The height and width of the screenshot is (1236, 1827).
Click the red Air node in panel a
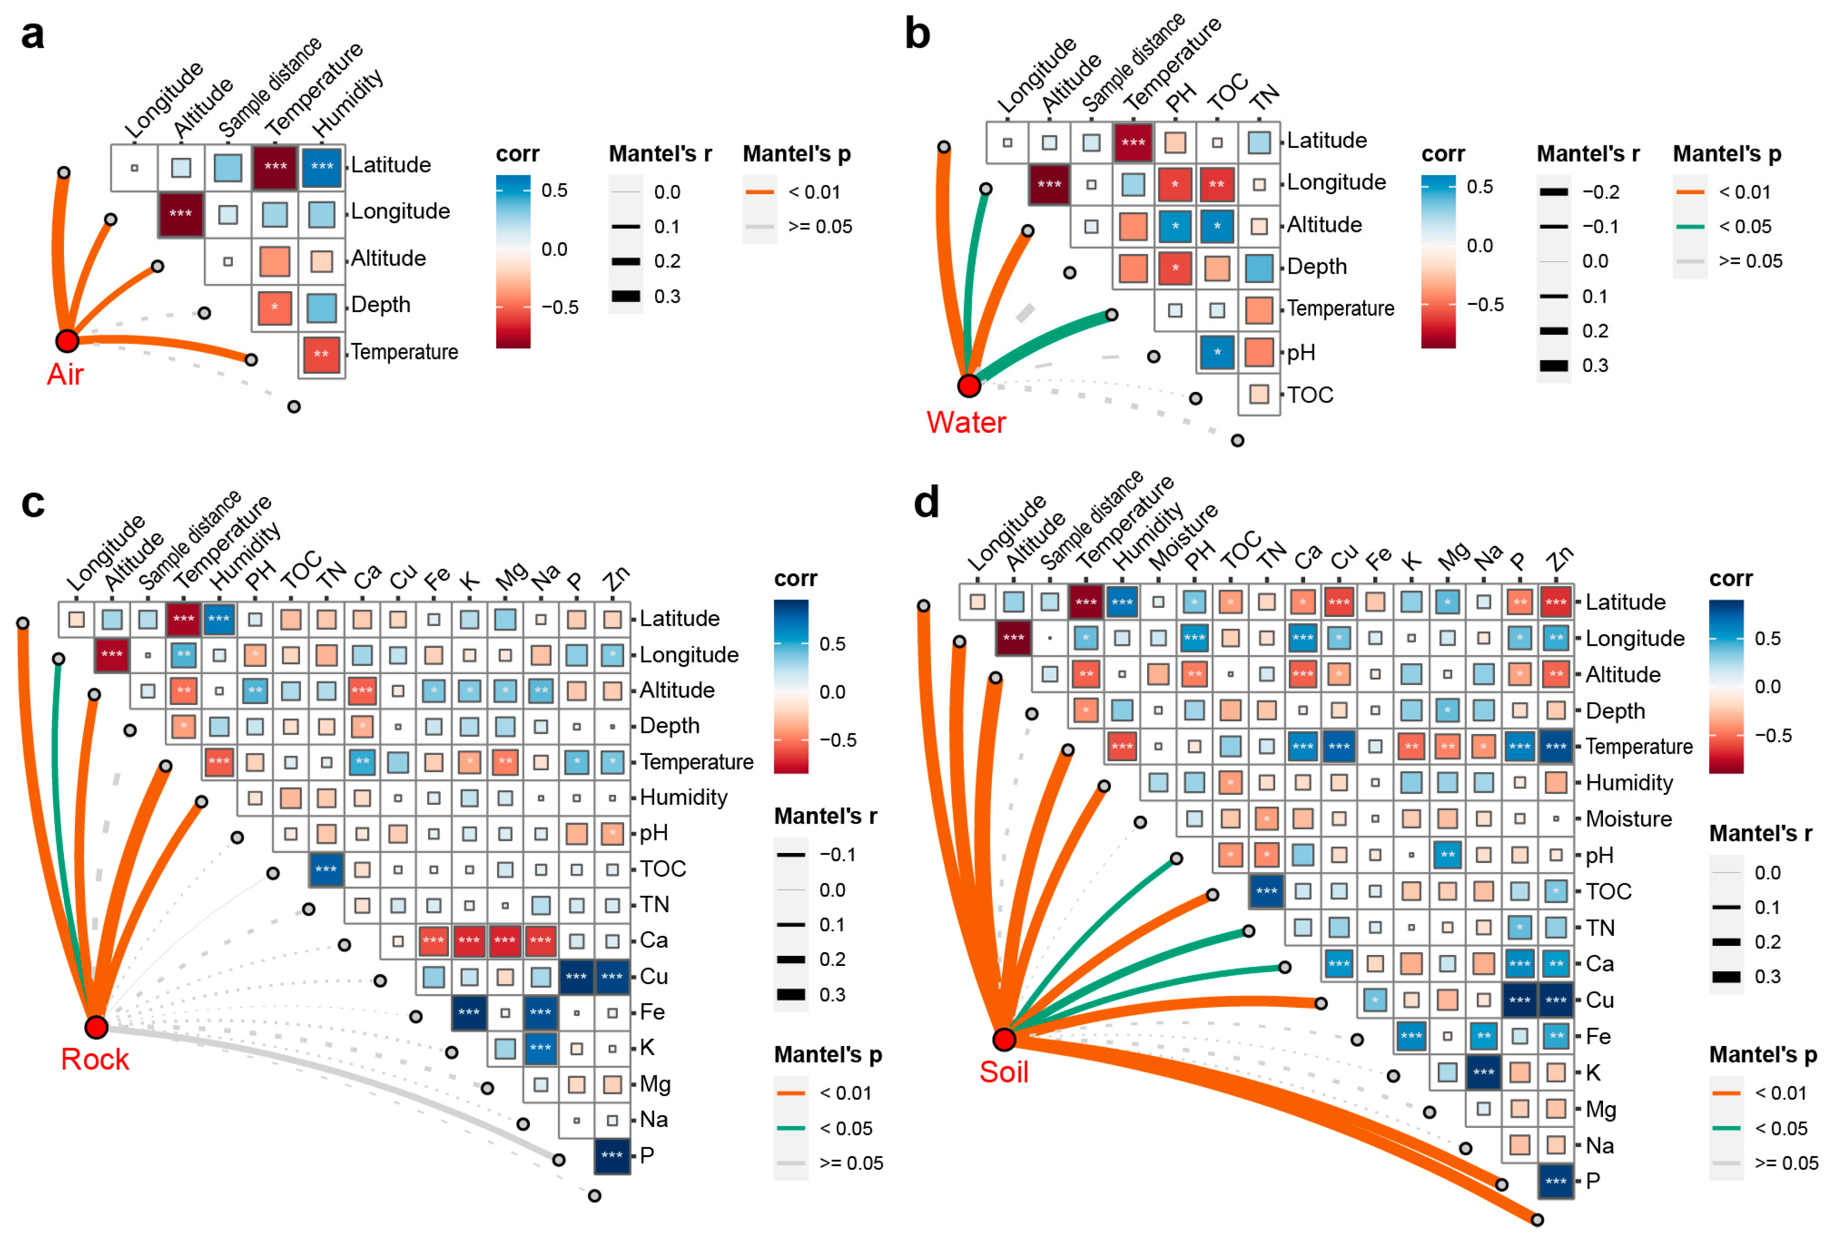pyautogui.click(x=67, y=340)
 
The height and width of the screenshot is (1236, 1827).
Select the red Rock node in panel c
pyautogui.click(x=96, y=1027)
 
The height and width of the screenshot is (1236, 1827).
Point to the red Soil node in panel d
pyautogui.click(x=1004, y=1039)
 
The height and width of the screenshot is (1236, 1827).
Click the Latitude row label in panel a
pyautogui.click(x=391, y=165)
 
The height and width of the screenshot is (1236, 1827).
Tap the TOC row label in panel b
pyautogui.click(x=1310, y=395)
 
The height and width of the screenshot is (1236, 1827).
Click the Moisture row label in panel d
pyautogui.click(x=1628, y=818)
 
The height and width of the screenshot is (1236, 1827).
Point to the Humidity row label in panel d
pyautogui.click(x=1629, y=782)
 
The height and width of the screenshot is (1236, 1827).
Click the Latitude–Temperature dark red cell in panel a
pyautogui.click(x=275, y=167)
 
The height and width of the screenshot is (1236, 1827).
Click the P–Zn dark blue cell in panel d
pyautogui.click(x=1556, y=1181)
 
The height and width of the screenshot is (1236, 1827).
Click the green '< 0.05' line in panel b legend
pyautogui.click(x=1690, y=227)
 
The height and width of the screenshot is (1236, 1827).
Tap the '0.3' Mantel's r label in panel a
pyautogui.click(x=667, y=296)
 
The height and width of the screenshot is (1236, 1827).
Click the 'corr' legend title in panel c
pyautogui.click(x=796, y=579)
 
